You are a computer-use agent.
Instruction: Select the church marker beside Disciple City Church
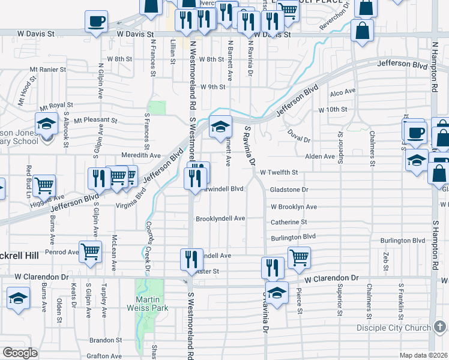click(x=441, y=327)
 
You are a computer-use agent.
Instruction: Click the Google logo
click(x=20, y=353)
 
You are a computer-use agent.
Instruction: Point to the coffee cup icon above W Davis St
click(x=96, y=22)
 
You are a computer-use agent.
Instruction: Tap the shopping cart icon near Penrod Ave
click(x=90, y=252)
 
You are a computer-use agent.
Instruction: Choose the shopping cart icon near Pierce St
click(x=299, y=257)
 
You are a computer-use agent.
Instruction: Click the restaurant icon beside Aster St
click(x=191, y=259)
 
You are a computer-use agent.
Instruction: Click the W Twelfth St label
click(x=279, y=172)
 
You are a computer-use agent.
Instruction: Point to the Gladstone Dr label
click(x=289, y=189)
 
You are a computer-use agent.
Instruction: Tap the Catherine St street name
click(x=289, y=222)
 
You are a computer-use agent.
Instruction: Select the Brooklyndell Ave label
click(x=220, y=218)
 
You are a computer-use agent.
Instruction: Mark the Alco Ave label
click(x=343, y=92)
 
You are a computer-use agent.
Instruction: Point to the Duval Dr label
click(x=298, y=136)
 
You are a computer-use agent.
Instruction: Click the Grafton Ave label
click(x=104, y=356)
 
